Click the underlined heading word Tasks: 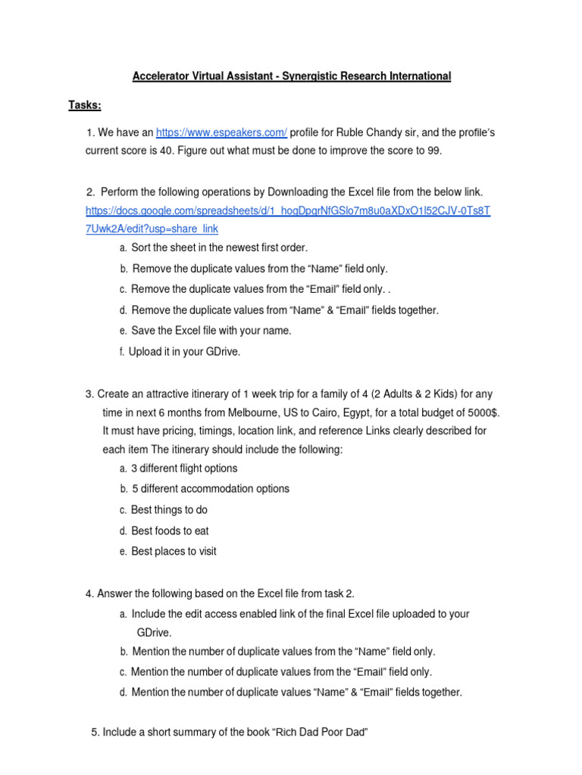pyautogui.click(x=85, y=104)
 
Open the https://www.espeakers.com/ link pyautogui.click(x=221, y=132)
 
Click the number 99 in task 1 pyautogui.click(x=433, y=150)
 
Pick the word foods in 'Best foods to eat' pyautogui.click(x=169, y=531)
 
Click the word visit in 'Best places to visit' pyautogui.click(x=204, y=552)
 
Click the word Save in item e pyautogui.click(x=143, y=331)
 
